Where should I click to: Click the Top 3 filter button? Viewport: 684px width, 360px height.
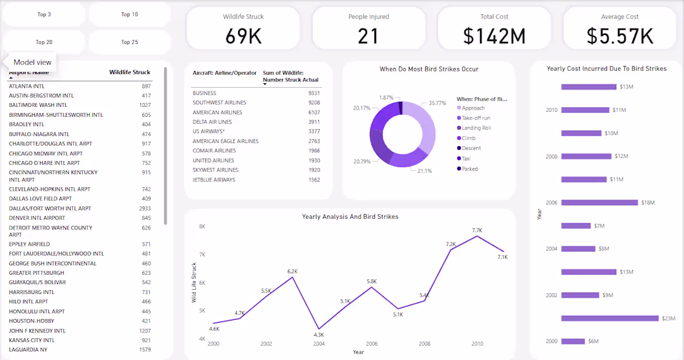[x=44, y=14]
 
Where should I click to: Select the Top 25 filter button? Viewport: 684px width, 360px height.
[x=129, y=42]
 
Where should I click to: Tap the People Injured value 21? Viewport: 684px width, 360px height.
[x=368, y=37]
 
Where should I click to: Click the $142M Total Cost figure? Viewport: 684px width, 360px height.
[x=494, y=37]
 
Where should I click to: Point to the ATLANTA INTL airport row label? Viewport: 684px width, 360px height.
[x=27, y=86]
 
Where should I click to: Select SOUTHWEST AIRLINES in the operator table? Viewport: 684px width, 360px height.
[x=219, y=103]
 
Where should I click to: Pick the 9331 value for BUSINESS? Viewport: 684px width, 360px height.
[x=314, y=93]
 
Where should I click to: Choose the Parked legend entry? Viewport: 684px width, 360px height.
[x=469, y=168]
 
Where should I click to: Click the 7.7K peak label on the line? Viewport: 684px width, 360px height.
[x=477, y=230]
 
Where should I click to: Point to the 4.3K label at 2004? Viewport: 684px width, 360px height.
[x=318, y=335]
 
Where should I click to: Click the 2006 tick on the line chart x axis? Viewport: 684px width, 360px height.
[x=372, y=344]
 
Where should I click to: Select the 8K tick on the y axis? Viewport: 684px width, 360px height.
[x=202, y=226]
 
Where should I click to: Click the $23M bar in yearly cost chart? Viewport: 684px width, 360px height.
[x=609, y=318]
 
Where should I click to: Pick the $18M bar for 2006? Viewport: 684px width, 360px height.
[x=599, y=203]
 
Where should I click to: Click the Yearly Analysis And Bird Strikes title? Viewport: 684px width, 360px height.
[x=350, y=217]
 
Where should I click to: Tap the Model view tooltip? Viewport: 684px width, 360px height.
[x=32, y=62]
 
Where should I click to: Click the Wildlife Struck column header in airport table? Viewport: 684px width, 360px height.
[x=129, y=73]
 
